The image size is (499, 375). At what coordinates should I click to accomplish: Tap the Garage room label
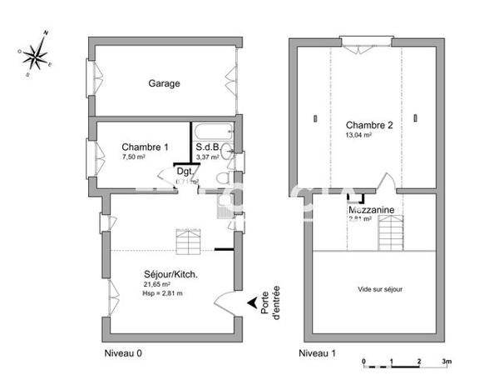[x=164, y=83]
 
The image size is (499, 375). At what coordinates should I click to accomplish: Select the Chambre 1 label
[x=145, y=147]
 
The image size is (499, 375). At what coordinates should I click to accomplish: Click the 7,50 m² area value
[x=133, y=157]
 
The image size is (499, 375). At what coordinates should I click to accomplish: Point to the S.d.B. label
[x=208, y=147]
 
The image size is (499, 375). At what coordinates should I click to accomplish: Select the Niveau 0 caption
[x=122, y=353]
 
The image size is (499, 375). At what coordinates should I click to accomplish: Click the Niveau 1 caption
[x=319, y=353]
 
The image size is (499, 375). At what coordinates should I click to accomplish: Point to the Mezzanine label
[x=371, y=211]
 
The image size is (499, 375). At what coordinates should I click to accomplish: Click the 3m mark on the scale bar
[x=446, y=362]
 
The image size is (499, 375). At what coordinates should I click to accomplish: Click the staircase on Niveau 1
[x=391, y=232]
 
